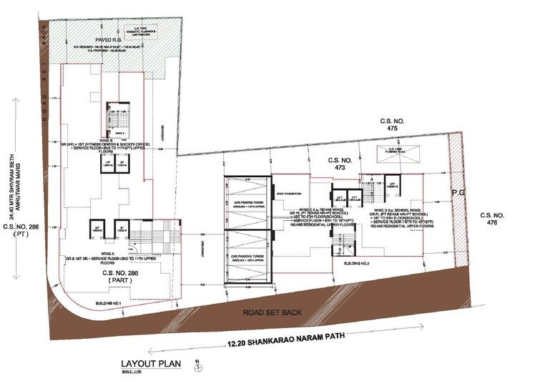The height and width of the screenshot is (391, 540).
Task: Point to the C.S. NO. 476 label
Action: point(494,219)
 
